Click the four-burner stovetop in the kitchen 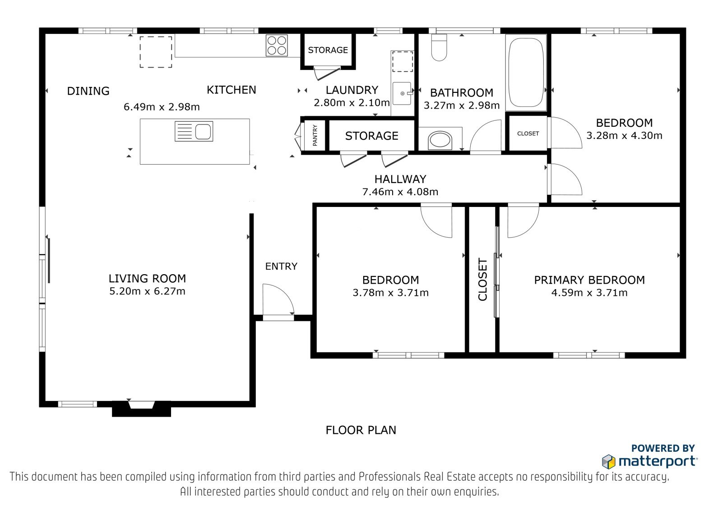[277, 46]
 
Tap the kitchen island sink [194, 131]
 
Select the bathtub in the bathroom [526, 72]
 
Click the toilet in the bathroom [439, 47]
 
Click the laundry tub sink [402, 93]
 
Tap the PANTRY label [315, 135]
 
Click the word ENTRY [281, 266]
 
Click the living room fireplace [142, 409]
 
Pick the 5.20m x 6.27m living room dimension [147, 291]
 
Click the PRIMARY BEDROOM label [589, 280]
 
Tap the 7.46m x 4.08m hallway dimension [400, 192]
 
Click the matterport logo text [657, 461]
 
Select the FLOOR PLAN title [361, 430]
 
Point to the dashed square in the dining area [156, 52]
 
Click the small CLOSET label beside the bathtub [528, 133]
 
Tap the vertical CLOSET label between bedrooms [482, 279]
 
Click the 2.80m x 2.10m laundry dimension [352, 103]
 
